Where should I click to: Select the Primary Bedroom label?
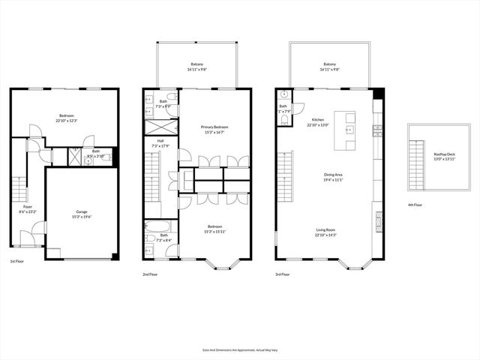point(214,127)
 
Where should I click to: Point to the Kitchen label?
point(318,120)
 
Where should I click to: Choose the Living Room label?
point(325,231)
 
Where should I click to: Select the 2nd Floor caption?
point(150,274)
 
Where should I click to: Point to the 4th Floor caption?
point(414,205)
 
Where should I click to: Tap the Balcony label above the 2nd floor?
point(198,64)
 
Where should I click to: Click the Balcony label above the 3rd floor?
point(330,64)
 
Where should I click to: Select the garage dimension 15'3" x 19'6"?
point(82,217)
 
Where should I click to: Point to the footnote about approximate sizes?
point(240,350)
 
